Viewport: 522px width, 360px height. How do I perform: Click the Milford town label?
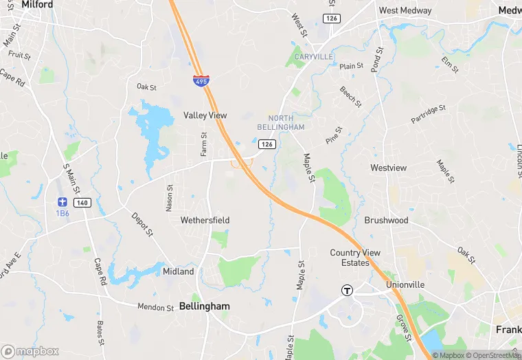(37, 4)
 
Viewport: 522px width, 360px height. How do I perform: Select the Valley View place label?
(205, 115)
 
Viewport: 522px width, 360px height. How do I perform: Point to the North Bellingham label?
(281, 123)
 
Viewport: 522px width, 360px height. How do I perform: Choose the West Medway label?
(405, 11)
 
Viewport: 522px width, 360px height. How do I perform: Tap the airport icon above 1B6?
(63, 202)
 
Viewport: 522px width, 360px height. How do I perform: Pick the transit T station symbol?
(348, 290)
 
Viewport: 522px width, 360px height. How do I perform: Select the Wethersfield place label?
(205, 220)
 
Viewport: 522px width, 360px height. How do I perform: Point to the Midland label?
(178, 271)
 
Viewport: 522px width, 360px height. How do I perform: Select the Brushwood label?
(386, 221)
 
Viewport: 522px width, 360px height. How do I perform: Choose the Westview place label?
(388, 168)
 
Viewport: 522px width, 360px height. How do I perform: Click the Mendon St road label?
(156, 307)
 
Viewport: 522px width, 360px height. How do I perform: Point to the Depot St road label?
(142, 224)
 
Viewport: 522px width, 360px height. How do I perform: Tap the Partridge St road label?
(429, 115)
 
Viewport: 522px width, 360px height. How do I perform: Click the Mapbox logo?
(31, 351)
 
